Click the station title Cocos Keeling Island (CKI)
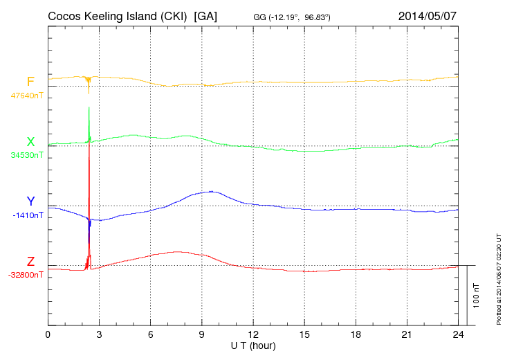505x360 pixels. pyautogui.click(x=119, y=15)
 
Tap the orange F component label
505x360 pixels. pyautogui.click(x=30, y=82)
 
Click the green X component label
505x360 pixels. pyautogui.click(x=30, y=142)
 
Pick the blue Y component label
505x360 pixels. pyautogui.click(x=30, y=201)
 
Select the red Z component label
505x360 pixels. pyautogui.click(x=30, y=262)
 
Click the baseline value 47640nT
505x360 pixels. pyautogui.click(x=27, y=96)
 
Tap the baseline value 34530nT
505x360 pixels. pyautogui.click(x=27, y=155)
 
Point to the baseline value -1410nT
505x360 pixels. pyautogui.click(x=28, y=215)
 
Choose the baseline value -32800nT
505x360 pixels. pyautogui.click(x=26, y=275)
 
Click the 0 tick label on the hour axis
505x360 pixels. pyautogui.click(x=48, y=334)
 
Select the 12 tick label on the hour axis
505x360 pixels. pyautogui.click(x=253, y=334)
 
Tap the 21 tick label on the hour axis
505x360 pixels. pyautogui.click(x=407, y=334)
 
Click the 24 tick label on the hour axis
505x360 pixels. pyautogui.click(x=458, y=334)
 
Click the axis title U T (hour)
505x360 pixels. pyautogui.click(x=253, y=345)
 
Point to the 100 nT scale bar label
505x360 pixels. pyautogui.click(x=476, y=296)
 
